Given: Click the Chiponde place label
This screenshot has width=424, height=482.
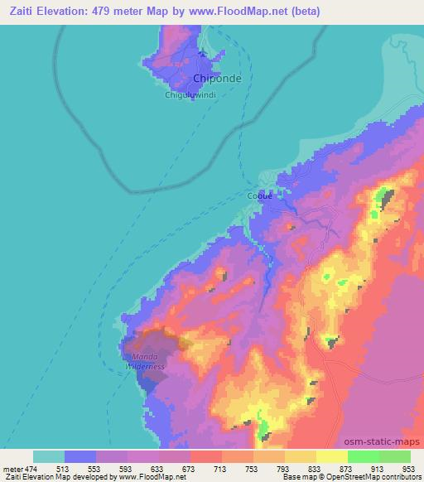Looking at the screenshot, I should pos(213,80).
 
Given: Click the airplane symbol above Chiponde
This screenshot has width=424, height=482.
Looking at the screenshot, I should pos(204,55).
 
